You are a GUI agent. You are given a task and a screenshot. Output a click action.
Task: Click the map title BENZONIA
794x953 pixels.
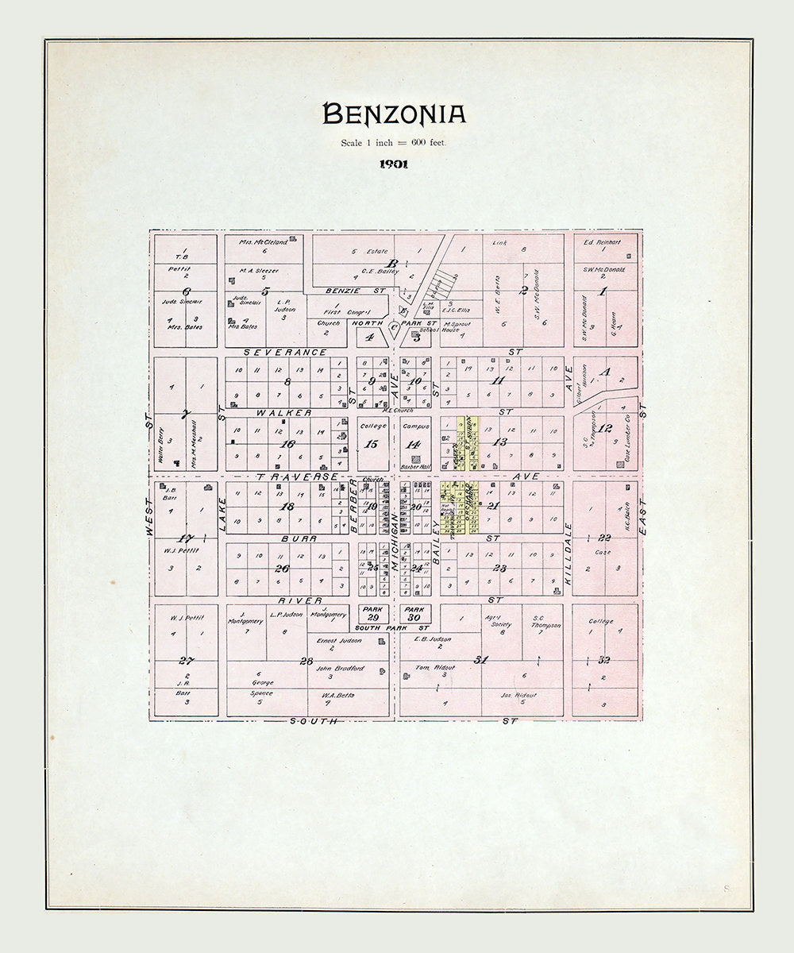pyautogui.click(x=394, y=115)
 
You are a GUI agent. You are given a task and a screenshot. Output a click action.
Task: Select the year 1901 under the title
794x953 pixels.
pyautogui.click(x=394, y=164)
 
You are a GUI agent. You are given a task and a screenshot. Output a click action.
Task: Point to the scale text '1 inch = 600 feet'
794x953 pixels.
pyautogui.click(x=394, y=143)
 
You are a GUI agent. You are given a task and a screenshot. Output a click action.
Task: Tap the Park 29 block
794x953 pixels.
pyautogui.click(x=373, y=613)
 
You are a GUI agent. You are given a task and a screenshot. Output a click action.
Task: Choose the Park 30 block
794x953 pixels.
pyautogui.click(x=414, y=613)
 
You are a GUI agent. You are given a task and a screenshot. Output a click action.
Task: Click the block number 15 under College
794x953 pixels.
pyautogui.click(x=372, y=445)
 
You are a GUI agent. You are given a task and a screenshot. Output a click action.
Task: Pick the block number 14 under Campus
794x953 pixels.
pyautogui.click(x=414, y=445)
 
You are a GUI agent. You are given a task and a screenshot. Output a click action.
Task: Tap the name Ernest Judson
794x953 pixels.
pyautogui.click(x=339, y=640)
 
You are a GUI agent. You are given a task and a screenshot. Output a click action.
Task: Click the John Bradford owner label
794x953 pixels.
pyautogui.click(x=340, y=668)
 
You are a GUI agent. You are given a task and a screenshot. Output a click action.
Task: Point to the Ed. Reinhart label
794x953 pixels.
pyautogui.click(x=601, y=242)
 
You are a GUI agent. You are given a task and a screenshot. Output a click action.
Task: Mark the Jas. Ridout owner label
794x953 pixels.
pyautogui.click(x=518, y=695)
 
